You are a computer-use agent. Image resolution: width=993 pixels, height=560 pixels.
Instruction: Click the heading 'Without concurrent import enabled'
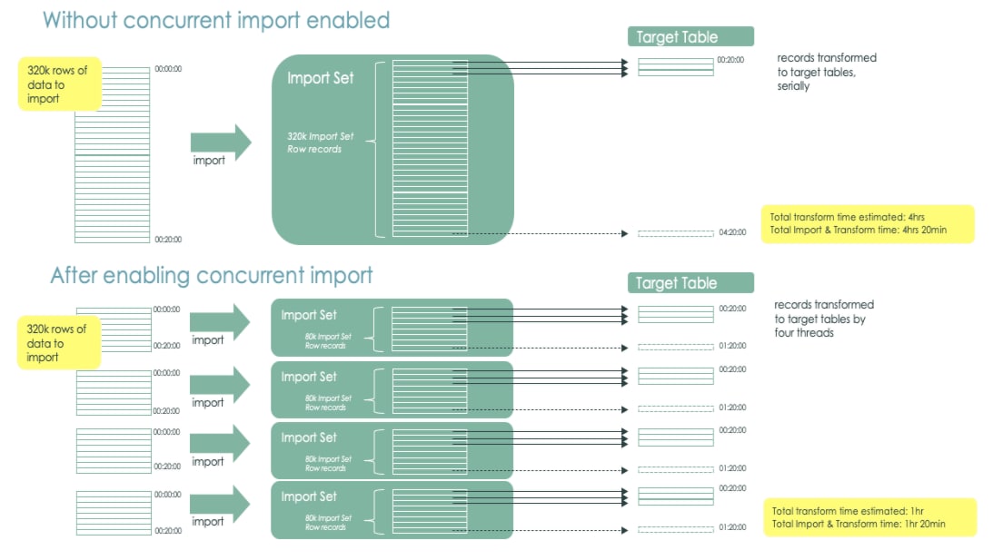pyautogui.click(x=216, y=20)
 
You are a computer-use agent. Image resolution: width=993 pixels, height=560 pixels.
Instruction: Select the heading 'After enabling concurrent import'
pyautogui.click(x=212, y=275)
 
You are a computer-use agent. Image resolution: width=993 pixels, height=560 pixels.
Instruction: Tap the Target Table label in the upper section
pyautogui.click(x=690, y=36)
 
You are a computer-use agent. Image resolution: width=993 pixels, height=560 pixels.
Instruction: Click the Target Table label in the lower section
pyautogui.click(x=690, y=283)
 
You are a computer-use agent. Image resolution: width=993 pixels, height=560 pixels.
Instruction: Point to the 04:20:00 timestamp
pyautogui.click(x=731, y=233)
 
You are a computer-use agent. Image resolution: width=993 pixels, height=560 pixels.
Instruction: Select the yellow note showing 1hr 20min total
pyautogui.click(x=869, y=517)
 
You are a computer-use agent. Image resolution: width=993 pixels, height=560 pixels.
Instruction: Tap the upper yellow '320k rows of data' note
pyautogui.click(x=59, y=84)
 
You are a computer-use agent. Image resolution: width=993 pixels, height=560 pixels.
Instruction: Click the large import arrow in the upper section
pyautogui.click(x=220, y=142)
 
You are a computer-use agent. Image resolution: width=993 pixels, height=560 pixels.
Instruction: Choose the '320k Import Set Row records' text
pyautogui.click(x=321, y=142)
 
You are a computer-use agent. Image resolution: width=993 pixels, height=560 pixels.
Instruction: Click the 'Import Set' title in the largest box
pyautogui.click(x=320, y=79)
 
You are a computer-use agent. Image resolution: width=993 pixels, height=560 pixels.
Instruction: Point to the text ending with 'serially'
pyautogui.click(x=826, y=72)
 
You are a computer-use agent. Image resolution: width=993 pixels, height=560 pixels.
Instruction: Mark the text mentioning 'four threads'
pyautogui.click(x=823, y=319)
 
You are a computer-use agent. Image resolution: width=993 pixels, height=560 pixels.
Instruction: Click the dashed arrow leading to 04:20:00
pyautogui.click(x=540, y=234)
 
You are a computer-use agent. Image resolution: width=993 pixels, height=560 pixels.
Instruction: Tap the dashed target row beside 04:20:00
pyautogui.click(x=675, y=234)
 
